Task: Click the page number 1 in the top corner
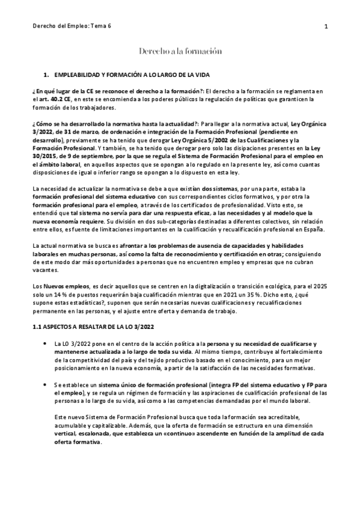[325, 26]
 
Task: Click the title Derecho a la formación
[180, 52]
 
